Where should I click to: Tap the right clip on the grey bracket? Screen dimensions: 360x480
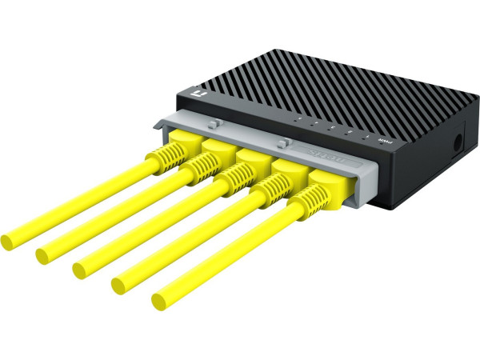pos(282,143)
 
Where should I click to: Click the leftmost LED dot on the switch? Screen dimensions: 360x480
pos(298,121)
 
